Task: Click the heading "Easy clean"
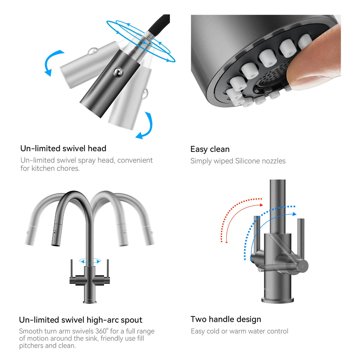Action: pyautogui.click(x=210, y=149)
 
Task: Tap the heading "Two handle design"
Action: pyautogui.click(x=226, y=319)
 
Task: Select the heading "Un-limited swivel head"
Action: pyautogui.click(x=63, y=149)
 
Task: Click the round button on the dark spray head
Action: pyautogui.click(x=118, y=72)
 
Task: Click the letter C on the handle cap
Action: pyautogui.click(x=303, y=266)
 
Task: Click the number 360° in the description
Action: pyautogui.click(x=102, y=331)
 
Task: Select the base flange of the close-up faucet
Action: pyautogui.click(x=278, y=300)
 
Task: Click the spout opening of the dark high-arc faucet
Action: pyautogui.click(x=55, y=245)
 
